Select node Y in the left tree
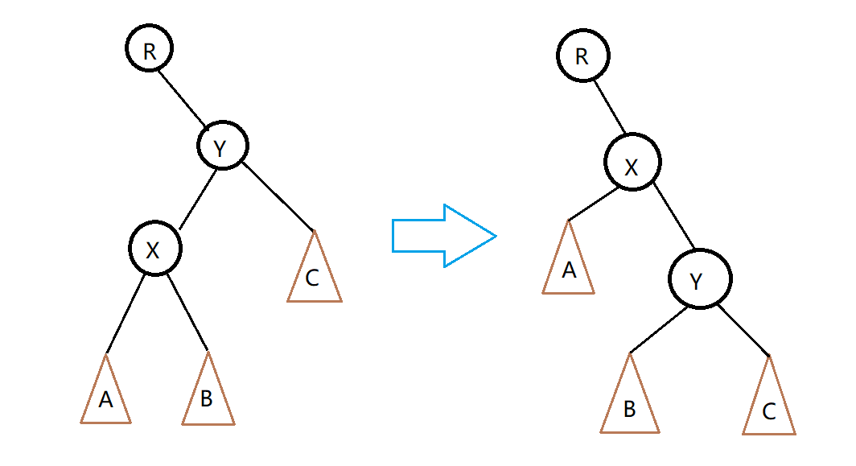[x=223, y=146]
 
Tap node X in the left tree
[x=155, y=249]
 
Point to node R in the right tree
[x=582, y=56]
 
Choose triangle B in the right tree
[x=630, y=402]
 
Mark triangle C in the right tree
[x=769, y=405]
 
